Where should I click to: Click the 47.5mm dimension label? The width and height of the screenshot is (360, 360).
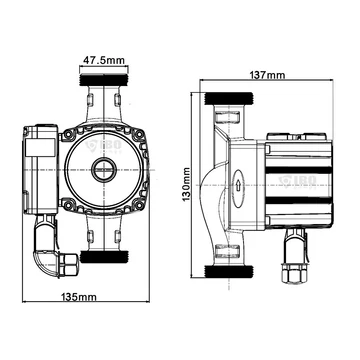[104, 61]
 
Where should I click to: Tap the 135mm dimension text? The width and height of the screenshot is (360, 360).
[78, 296]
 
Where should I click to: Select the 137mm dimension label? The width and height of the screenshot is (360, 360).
[267, 75]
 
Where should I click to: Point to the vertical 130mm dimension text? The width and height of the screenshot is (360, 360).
[186, 184]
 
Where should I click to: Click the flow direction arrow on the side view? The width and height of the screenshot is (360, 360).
[238, 185]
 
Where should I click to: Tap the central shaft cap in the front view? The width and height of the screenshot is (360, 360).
[104, 169]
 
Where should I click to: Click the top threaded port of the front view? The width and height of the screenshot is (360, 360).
[104, 80]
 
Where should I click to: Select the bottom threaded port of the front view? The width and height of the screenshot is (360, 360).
[104, 257]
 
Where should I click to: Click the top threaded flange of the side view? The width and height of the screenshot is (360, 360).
[228, 98]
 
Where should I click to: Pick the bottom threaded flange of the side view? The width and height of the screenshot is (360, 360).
[228, 271]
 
